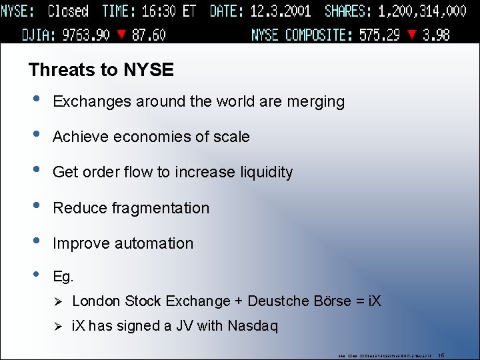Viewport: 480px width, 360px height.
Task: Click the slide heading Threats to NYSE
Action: tap(101, 69)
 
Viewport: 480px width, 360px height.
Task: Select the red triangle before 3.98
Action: tap(413, 35)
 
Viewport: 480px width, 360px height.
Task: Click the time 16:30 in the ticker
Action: tap(159, 11)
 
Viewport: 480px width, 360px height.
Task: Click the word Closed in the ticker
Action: tap(68, 11)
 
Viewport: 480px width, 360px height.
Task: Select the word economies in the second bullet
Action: tap(145, 137)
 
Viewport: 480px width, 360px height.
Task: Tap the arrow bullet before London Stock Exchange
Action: tap(57, 301)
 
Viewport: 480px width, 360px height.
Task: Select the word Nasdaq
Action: tap(253, 326)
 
